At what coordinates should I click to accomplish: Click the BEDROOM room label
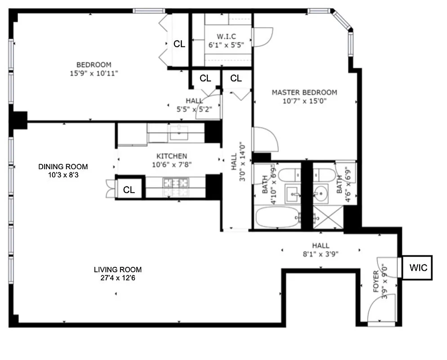point(94,65)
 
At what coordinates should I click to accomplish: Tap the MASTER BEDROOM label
point(304,93)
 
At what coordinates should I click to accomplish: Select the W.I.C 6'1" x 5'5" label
point(226,36)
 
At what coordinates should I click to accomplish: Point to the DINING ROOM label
point(63,166)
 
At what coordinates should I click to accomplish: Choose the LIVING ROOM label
point(117,270)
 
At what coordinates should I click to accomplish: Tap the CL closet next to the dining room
point(129,190)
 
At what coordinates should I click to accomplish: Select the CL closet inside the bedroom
point(179,44)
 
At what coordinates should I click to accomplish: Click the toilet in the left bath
point(288,173)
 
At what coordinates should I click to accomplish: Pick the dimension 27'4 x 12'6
point(117,278)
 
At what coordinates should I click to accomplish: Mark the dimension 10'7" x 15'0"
point(304,101)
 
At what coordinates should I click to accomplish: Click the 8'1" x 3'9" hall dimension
point(321,253)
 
